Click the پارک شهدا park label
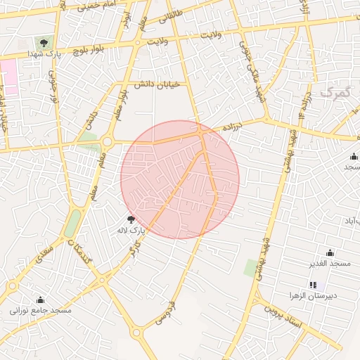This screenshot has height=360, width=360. [44, 53]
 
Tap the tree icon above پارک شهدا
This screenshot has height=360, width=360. [44, 43]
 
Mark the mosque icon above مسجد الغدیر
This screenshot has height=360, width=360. [330, 253]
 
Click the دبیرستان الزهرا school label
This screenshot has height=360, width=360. [314, 296]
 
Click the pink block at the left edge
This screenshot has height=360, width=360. [8, 76]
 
